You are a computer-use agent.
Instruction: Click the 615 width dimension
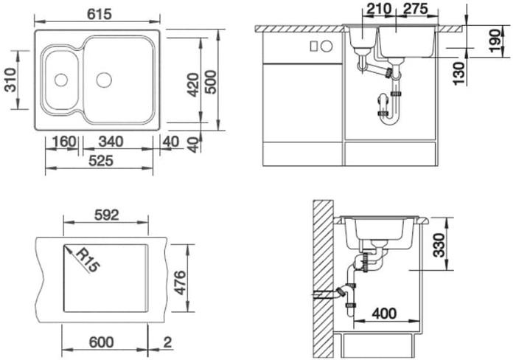click(100, 14)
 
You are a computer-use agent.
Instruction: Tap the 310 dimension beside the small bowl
click(10, 80)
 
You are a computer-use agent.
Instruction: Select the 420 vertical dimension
click(193, 85)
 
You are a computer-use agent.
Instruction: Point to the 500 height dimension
click(211, 83)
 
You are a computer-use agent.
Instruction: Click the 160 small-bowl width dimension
click(64, 142)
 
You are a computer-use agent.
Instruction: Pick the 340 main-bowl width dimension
click(111, 142)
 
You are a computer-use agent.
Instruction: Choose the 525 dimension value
click(101, 161)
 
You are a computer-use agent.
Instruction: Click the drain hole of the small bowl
click(61, 80)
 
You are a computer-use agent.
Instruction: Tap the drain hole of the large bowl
click(104, 80)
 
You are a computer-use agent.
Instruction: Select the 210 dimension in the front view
click(378, 9)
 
